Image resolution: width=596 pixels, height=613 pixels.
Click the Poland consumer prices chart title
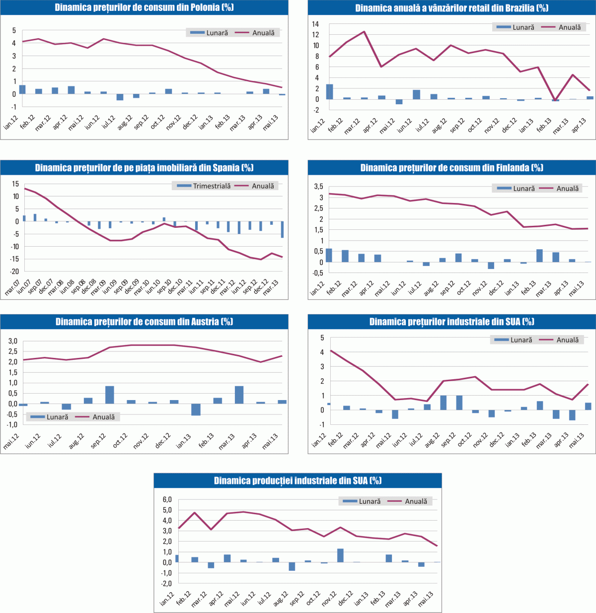pos(144,7)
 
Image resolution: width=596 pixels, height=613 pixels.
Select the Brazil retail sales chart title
pos(451,7)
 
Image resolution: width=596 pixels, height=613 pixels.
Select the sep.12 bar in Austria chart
pos(110,395)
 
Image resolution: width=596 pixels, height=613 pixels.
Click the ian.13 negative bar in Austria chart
pos(196,409)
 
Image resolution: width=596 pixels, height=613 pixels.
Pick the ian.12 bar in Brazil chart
pos(329,92)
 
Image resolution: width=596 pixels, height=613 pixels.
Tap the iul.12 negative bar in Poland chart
pos(120,97)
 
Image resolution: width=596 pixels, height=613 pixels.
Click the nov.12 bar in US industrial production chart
pos(340,555)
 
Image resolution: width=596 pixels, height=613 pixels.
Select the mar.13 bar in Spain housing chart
pos(282,229)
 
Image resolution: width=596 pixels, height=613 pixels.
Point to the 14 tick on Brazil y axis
pos(315,24)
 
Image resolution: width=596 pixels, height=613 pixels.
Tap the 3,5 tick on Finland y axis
pos(318,187)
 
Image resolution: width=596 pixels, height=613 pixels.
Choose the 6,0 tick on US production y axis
pos(167,499)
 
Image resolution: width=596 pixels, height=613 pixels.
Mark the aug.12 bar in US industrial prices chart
pos(444,403)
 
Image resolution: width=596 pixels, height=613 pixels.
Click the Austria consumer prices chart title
pos(144,322)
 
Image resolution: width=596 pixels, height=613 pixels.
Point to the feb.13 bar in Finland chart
pos(539,256)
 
